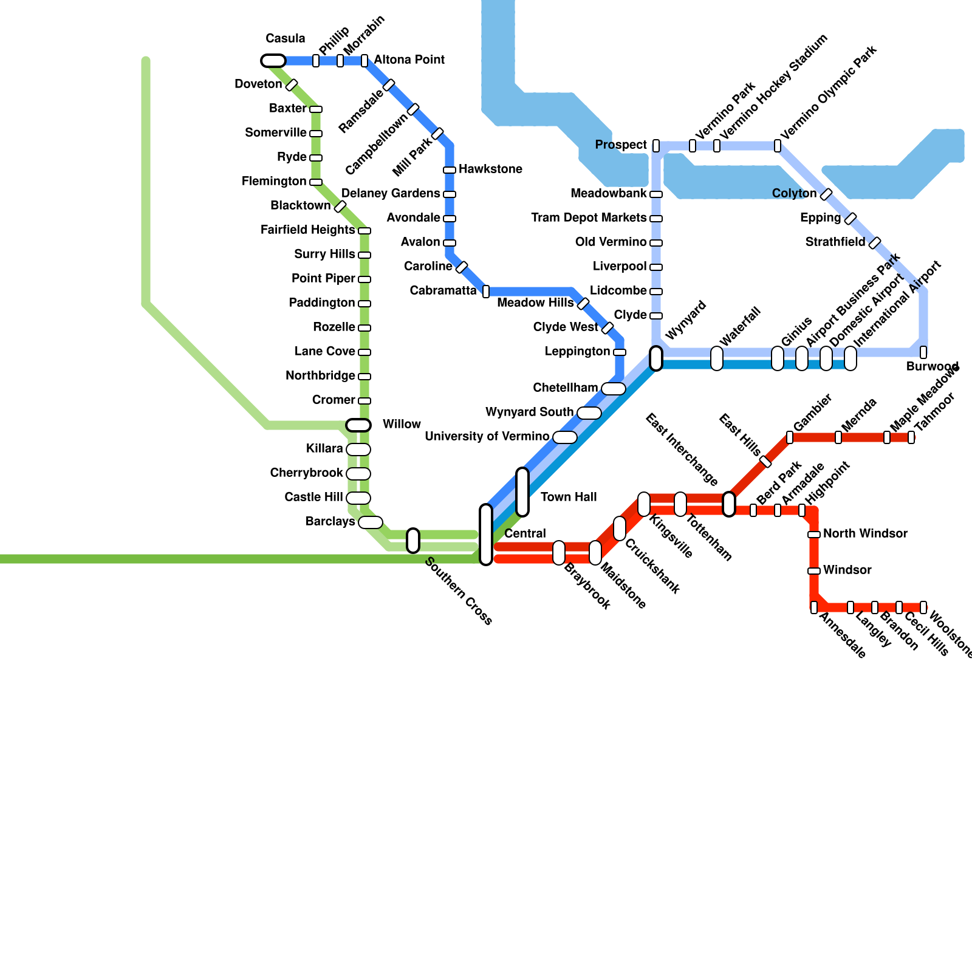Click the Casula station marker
[x=273, y=61]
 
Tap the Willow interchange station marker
[x=358, y=425]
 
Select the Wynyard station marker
[x=656, y=358]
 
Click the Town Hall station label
[x=569, y=497]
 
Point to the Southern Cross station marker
[x=413, y=541]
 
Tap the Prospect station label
[x=621, y=145]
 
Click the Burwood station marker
[x=923, y=352]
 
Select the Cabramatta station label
[x=443, y=290]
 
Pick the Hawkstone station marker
[x=450, y=170]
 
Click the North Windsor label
[x=865, y=533]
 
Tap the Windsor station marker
[x=814, y=571]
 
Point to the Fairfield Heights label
[x=307, y=230]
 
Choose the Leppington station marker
[x=620, y=352]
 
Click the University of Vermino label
[x=487, y=436]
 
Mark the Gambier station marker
[x=790, y=437]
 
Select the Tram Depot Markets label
[x=589, y=217]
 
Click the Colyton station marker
[x=826, y=194]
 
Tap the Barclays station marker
[x=371, y=522]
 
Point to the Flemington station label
[x=274, y=181]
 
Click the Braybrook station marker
[x=559, y=553]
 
